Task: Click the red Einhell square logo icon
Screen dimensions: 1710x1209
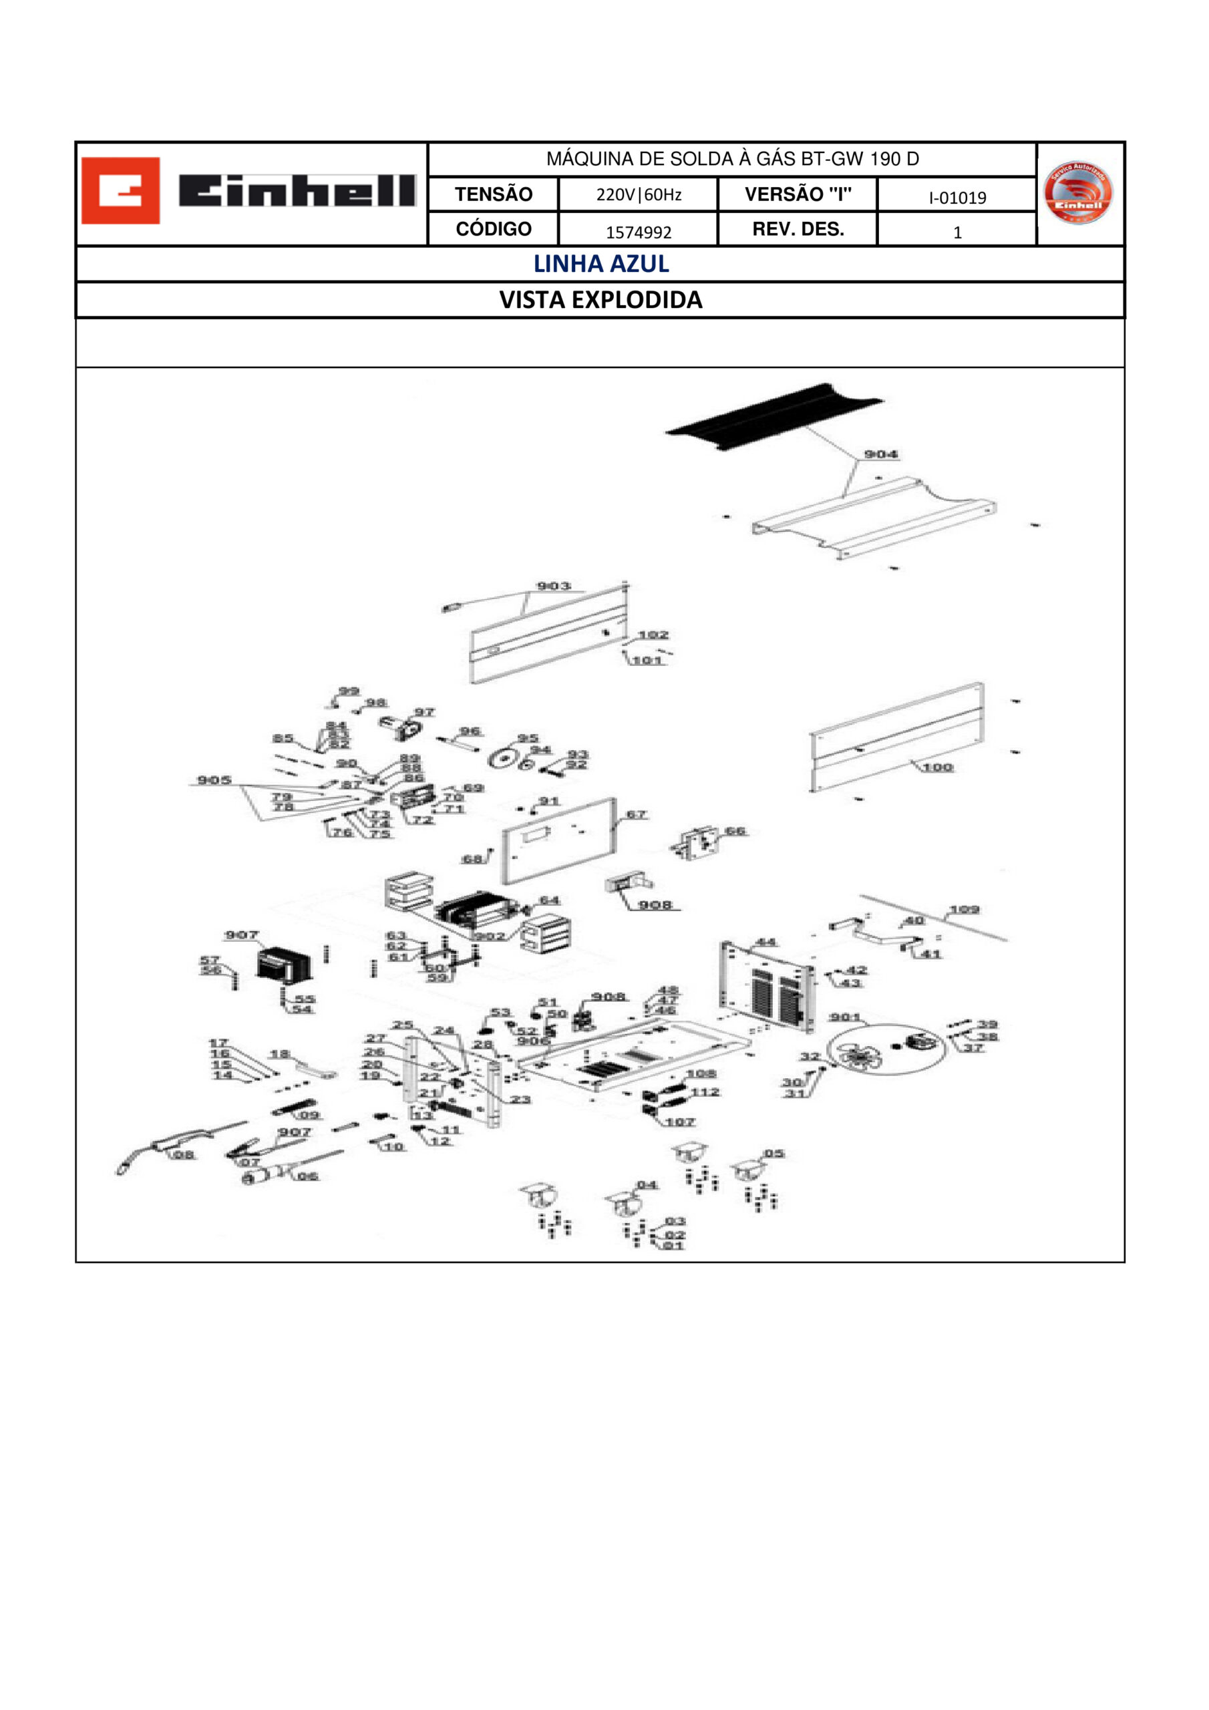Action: click(x=120, y=190)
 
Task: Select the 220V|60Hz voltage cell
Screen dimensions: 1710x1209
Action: click(x=638, y=195)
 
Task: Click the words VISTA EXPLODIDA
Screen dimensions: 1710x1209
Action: click(x=600, y=299)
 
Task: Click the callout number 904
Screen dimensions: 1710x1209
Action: click(x=880, y=454)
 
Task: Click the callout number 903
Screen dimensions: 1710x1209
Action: click(x=554, y=586)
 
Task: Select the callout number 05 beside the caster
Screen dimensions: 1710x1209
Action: click(x=774, y=1154)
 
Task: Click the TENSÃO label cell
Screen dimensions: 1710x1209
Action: click(x=493, y=194)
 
